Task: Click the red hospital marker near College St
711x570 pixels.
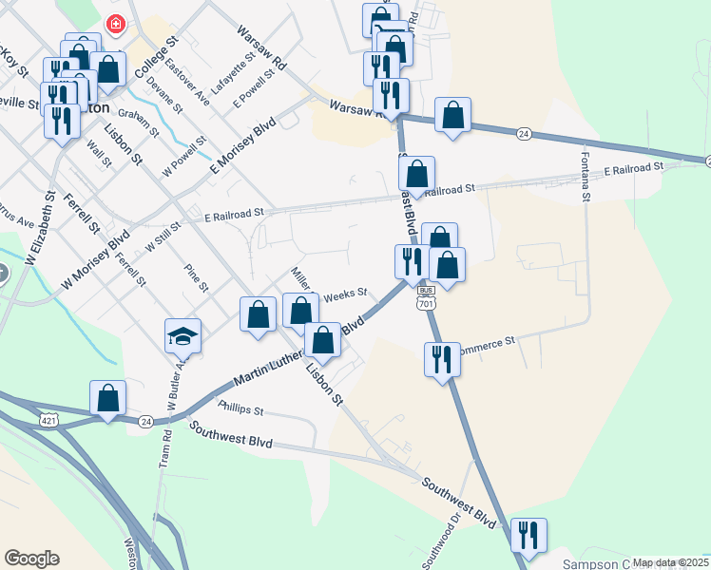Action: pos(115,23)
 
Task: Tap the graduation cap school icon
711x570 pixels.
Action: pos(183,336)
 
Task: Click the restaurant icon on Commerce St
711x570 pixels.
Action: pos(442,359)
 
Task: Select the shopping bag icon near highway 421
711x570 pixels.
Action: pos(108,398)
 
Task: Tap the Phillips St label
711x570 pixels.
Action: pos(240,410)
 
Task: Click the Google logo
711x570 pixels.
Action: pos(31,559)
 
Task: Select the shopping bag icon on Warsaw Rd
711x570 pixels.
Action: pos(453,115)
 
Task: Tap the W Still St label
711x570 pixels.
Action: pos(163,237)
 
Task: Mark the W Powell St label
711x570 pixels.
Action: pos(184,156)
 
